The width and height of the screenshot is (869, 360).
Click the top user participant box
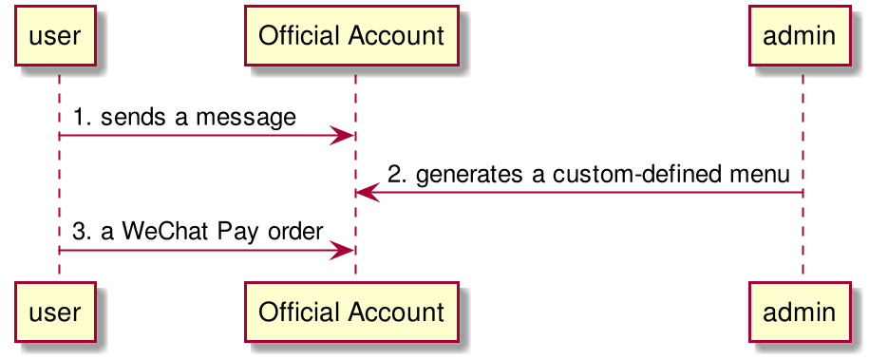[56, 36]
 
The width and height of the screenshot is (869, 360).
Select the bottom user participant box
[56, 312]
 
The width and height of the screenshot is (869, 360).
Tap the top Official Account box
[351, 36]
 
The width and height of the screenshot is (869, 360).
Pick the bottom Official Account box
[351, 312]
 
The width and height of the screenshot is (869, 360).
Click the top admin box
[799, 36]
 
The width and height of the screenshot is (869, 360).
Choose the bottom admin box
[799, 312]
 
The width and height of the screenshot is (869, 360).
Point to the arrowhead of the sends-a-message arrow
[342, 135]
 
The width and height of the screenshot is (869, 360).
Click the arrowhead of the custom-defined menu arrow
[368, 193]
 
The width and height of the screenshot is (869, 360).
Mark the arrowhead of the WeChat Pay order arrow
[342, 250]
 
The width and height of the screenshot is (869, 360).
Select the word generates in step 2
[467, 175]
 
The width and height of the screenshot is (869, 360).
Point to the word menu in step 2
[751, 175]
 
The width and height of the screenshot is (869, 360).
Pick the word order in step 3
[294, 233]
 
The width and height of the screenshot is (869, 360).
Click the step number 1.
[81, 118]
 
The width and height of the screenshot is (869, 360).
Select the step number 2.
[397, 174]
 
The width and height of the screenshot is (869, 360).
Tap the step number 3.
[82, 232]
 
